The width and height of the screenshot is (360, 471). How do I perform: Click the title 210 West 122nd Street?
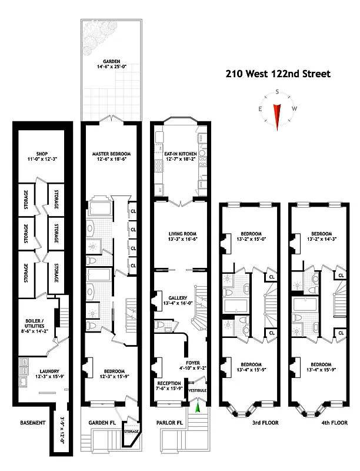[x=279, y=74]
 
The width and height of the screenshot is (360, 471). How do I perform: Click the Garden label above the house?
[x=112, y=61]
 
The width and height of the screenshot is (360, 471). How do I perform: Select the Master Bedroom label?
[x=110, y=154]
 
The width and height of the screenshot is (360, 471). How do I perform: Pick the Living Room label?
[x=181, y=234]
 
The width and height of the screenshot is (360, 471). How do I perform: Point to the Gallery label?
[x=177, y=298]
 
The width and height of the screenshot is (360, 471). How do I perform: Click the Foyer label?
[x=194, y=363]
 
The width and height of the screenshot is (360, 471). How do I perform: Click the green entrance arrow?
[x=198, y=406]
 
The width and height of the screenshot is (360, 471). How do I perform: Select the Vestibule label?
[x=198, y=390]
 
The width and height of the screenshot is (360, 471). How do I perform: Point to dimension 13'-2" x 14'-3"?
[x=322, y=238]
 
